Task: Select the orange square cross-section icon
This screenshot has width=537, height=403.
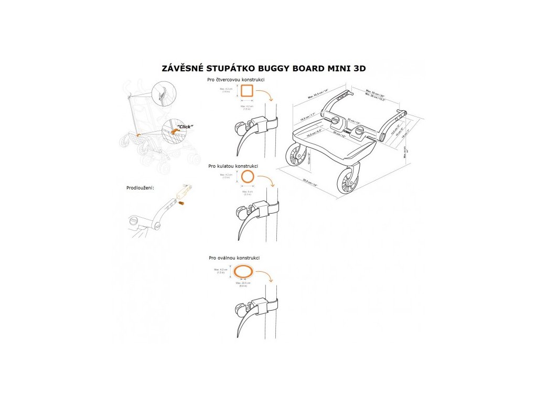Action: tap(247, 92)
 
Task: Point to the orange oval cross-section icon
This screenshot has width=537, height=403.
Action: tap(243, 271)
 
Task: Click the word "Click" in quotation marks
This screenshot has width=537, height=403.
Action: tap(184, 126)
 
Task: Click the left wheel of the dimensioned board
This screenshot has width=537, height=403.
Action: tap(297, 157)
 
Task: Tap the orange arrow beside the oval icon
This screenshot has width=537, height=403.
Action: tap(266, 277)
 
